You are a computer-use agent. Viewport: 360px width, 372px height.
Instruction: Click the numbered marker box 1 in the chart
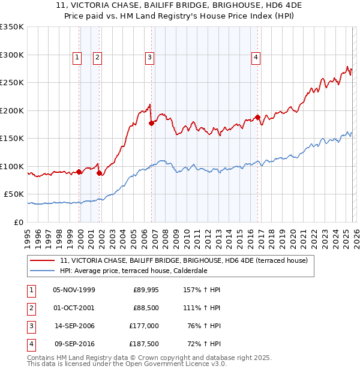pos(77,58)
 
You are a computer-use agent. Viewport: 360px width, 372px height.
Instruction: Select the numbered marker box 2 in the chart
pos(97,58)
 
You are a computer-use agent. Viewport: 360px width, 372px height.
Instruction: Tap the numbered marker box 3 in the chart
pos(149,58)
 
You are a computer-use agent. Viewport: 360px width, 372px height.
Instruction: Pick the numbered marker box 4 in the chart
pos(256,58)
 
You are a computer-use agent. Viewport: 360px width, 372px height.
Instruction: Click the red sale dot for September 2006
pos(151,123)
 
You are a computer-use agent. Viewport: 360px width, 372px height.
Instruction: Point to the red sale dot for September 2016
pos(257,118)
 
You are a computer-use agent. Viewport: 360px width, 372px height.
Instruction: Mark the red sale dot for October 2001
pos(99,173)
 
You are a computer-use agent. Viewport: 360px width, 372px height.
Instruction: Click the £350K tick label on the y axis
pos(12,27)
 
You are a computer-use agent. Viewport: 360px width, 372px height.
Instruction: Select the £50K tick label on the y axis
pos(14,194)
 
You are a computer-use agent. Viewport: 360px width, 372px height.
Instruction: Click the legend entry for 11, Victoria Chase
pos(184,260)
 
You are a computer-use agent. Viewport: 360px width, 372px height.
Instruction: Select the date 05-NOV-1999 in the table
pos(74,290)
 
